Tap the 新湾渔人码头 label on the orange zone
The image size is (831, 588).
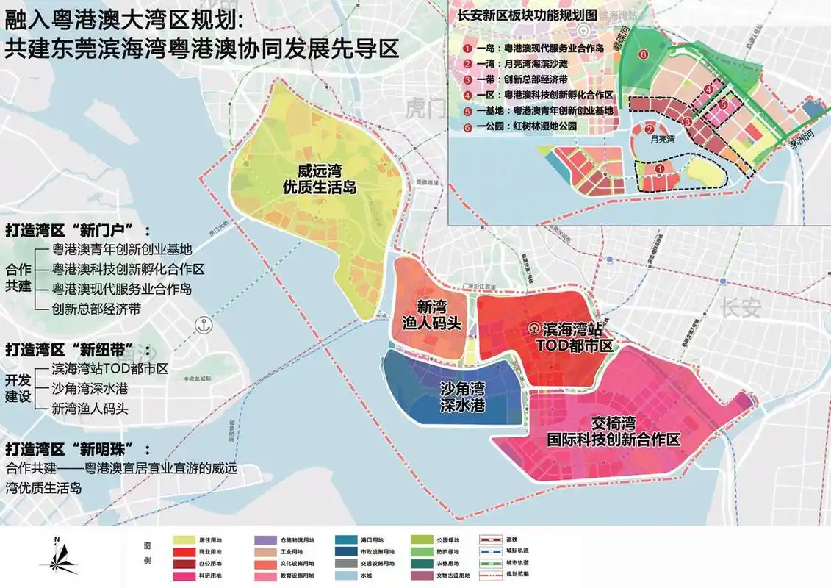pyautogui.click(x=431, y=314)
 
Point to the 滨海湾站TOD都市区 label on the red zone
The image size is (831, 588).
pyautogui.click(x=564, y=339)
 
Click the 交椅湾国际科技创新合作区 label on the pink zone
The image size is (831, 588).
pyautogui.click(x=614, y=431)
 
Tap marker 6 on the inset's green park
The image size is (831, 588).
pyautogui.click(x=644, y=54)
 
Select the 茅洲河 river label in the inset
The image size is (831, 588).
pyautogui.click(x=797, y=143)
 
